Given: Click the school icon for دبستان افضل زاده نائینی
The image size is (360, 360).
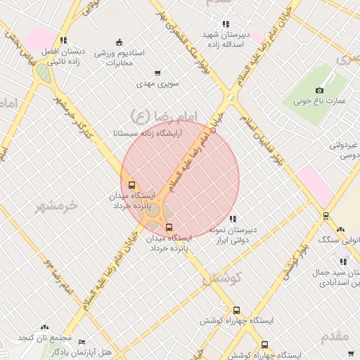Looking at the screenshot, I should tap(63, 40).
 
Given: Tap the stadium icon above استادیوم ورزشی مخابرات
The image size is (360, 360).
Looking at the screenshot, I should tap(119, 41).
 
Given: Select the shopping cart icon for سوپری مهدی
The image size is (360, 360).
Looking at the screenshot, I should tap(157, 72).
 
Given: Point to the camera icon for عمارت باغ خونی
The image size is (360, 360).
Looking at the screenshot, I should tap(320, 90).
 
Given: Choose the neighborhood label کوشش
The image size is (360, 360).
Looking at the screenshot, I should tap(222, 278).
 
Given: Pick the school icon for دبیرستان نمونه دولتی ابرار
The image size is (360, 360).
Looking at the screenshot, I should tap(233, 219).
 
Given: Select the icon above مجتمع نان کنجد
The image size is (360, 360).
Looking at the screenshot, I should tap(44, 327).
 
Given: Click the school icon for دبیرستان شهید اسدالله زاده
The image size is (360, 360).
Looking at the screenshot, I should tap(226, 24).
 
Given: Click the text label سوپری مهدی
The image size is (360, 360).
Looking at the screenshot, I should tap(159, 84).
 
